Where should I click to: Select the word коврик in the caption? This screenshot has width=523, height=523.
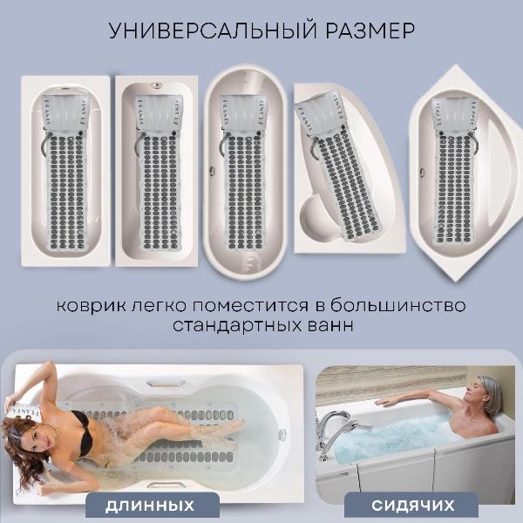tap(92, 308)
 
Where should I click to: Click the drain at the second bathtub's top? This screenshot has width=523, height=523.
tap(157, 86)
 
